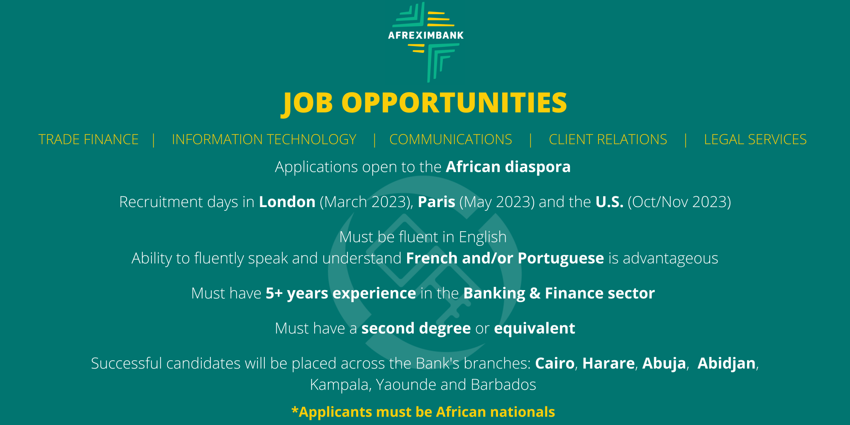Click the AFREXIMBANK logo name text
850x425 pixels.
tap(425, 35)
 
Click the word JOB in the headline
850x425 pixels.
tap(308, 103)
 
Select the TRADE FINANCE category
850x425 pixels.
tap(88, 139)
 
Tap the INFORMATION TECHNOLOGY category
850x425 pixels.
tap(264, 139)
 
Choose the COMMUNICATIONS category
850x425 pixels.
tap(451, 139)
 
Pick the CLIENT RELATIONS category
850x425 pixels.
tap(608, 139)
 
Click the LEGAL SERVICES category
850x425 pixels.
tap(755, 139)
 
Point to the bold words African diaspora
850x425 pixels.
tap(508, 167)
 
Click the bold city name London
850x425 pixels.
tap(287, 202)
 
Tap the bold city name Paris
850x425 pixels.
tap(437, 202)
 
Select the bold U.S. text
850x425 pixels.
tap(609, 202)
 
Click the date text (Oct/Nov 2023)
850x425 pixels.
tap(679, 202)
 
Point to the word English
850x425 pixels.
tap(483, 237)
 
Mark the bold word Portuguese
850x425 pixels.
tap(561, 259)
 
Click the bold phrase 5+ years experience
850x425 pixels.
tap(341, 293)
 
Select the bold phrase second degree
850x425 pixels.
tap(416, 329)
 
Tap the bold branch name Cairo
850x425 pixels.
tap(554, 363)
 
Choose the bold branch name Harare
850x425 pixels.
tap(608, 363)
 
